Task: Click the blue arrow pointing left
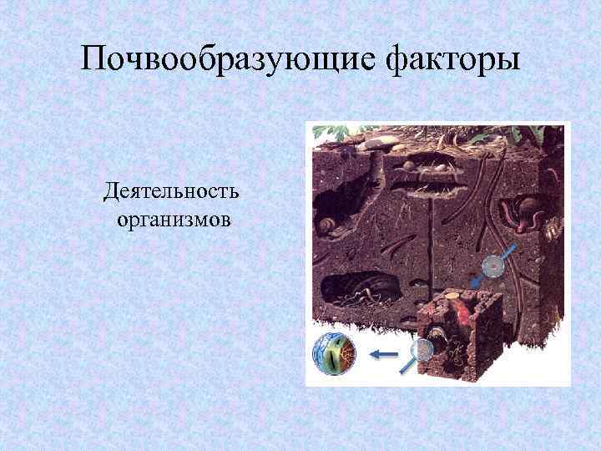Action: (x=384, y=355)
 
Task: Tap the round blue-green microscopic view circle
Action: (x=333, y=354)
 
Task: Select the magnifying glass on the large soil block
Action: (x=493, y=266)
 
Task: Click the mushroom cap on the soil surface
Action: (x=376, y=142)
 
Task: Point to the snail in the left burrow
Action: (x=328, y=224)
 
